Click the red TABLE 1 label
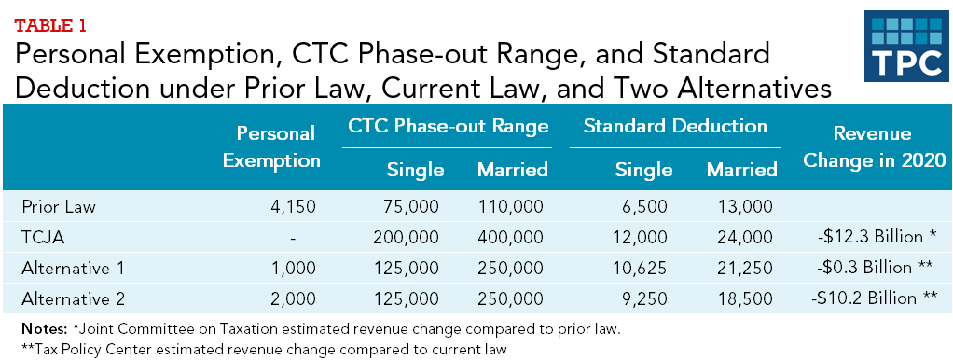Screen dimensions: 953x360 coord(51,25)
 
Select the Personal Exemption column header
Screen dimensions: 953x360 coord(271,146)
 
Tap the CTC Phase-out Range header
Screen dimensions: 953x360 coord(448,126)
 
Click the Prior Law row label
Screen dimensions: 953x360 coord(59,206)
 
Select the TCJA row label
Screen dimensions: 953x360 coord(43,237)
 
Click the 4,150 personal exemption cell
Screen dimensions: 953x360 coord(293,207)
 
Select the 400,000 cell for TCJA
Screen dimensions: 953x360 coord(510,237)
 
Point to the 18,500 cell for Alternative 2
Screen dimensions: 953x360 coord(745,298)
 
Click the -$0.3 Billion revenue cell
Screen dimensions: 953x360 coord(877,267)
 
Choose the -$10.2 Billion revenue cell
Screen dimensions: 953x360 coord(873,298)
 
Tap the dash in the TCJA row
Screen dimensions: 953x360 coord(293,239)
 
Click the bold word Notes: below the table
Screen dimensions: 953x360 coord(44,329)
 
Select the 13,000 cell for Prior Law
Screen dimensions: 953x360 coord(745,207)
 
